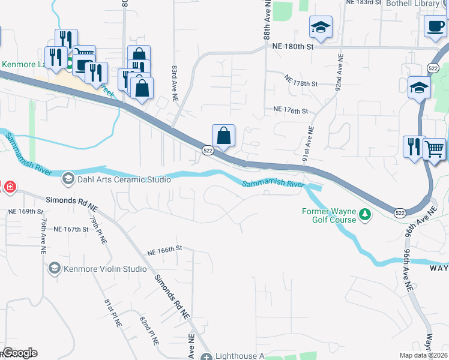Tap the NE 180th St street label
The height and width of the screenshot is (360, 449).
coord(293,46)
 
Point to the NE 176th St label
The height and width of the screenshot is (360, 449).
coord(290,110)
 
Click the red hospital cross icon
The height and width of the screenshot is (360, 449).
coord(9,187)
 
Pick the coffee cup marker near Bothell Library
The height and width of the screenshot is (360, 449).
coord(435,26)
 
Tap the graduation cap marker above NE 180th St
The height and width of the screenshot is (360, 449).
coord(321,28)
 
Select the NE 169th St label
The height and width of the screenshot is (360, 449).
coord(26,212)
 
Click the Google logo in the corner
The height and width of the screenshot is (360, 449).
coord(19,353)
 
